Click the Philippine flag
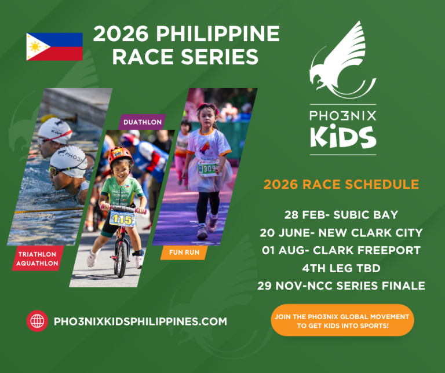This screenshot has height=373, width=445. pos(54,46)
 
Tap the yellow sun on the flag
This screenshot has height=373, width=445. pos(35,47)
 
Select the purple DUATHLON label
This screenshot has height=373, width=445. pos(142,122)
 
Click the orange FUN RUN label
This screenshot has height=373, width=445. pos(184,253)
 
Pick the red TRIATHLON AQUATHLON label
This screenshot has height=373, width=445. pos(38,258)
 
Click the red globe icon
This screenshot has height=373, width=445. pos(37,321)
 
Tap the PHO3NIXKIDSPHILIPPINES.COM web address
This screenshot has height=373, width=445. pos(140,321)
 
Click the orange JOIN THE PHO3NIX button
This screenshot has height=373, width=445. pos(342,320)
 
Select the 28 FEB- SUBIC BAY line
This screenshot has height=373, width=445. pos(341,215)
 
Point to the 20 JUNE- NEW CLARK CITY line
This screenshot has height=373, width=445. pos(341,233)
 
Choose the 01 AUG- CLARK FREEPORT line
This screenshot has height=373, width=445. pos(341,250)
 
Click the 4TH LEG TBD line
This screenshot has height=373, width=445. pos(341,268)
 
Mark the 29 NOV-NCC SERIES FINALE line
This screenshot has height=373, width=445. pos(341,286)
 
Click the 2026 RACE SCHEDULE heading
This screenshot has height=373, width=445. pos(341,184)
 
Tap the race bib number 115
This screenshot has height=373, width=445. pos(123,219)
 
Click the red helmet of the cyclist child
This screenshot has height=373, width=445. pos(121,156)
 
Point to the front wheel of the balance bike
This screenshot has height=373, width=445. pos(122,259)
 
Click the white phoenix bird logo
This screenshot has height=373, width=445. pos(342,60)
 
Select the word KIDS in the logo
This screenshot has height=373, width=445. pos(343,137)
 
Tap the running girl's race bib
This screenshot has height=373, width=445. pos(209,169)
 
